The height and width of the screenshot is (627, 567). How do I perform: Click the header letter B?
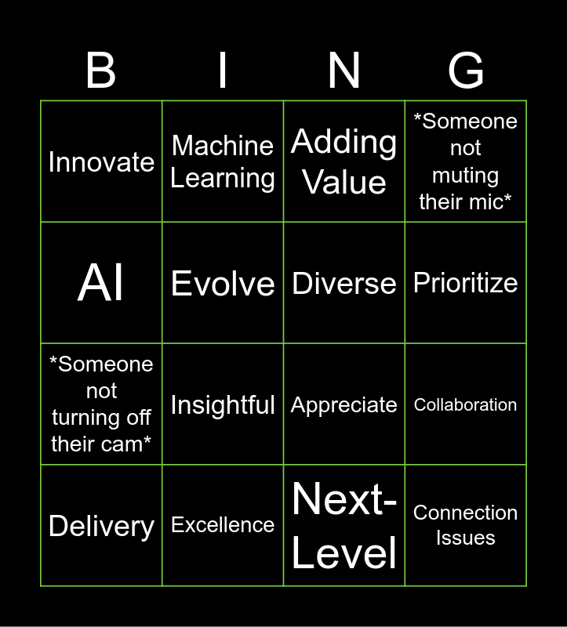101,71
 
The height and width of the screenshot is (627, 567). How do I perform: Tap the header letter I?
223,71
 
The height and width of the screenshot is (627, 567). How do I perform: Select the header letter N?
344,71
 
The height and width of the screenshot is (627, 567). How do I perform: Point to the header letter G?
466,71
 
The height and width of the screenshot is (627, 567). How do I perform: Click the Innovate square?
101,161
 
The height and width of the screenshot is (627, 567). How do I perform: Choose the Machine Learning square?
223,161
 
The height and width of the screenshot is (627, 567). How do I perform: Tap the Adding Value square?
344,161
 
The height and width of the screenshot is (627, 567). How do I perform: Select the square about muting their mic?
466,161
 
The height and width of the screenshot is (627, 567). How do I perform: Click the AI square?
101,282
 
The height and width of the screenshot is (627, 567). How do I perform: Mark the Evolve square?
223,282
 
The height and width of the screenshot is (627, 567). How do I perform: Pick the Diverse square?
344,282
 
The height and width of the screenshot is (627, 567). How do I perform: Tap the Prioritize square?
466,282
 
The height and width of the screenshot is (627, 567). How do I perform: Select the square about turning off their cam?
101,404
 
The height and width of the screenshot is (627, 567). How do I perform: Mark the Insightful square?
223,404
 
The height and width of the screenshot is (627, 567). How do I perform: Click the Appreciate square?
344,404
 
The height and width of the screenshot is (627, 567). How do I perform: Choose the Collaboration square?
466,404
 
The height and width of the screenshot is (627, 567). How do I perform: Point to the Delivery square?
101,525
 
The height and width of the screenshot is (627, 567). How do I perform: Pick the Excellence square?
223,525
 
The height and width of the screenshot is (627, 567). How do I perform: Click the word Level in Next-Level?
344,553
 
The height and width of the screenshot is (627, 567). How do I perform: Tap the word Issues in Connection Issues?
466,538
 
